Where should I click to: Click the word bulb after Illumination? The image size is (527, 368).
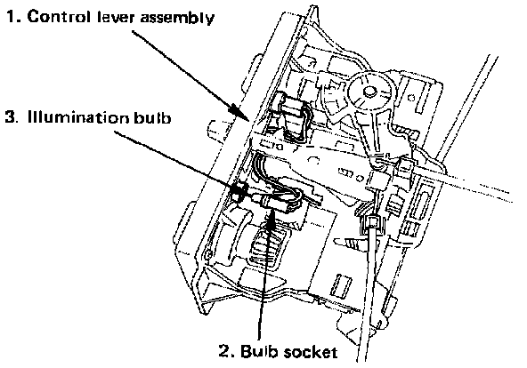pos(152,117)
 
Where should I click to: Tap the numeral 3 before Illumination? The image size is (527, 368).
pos(11,117)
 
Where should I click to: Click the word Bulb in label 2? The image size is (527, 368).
pos(260,352)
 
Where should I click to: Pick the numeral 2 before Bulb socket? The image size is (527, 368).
pos(226,352)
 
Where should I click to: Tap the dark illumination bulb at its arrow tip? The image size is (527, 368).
pos(239,193)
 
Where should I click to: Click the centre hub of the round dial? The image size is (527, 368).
pos(369,92)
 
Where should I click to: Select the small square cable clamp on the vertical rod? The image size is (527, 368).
pos(372,222)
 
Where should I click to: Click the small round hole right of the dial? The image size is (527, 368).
pos(411,98)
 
